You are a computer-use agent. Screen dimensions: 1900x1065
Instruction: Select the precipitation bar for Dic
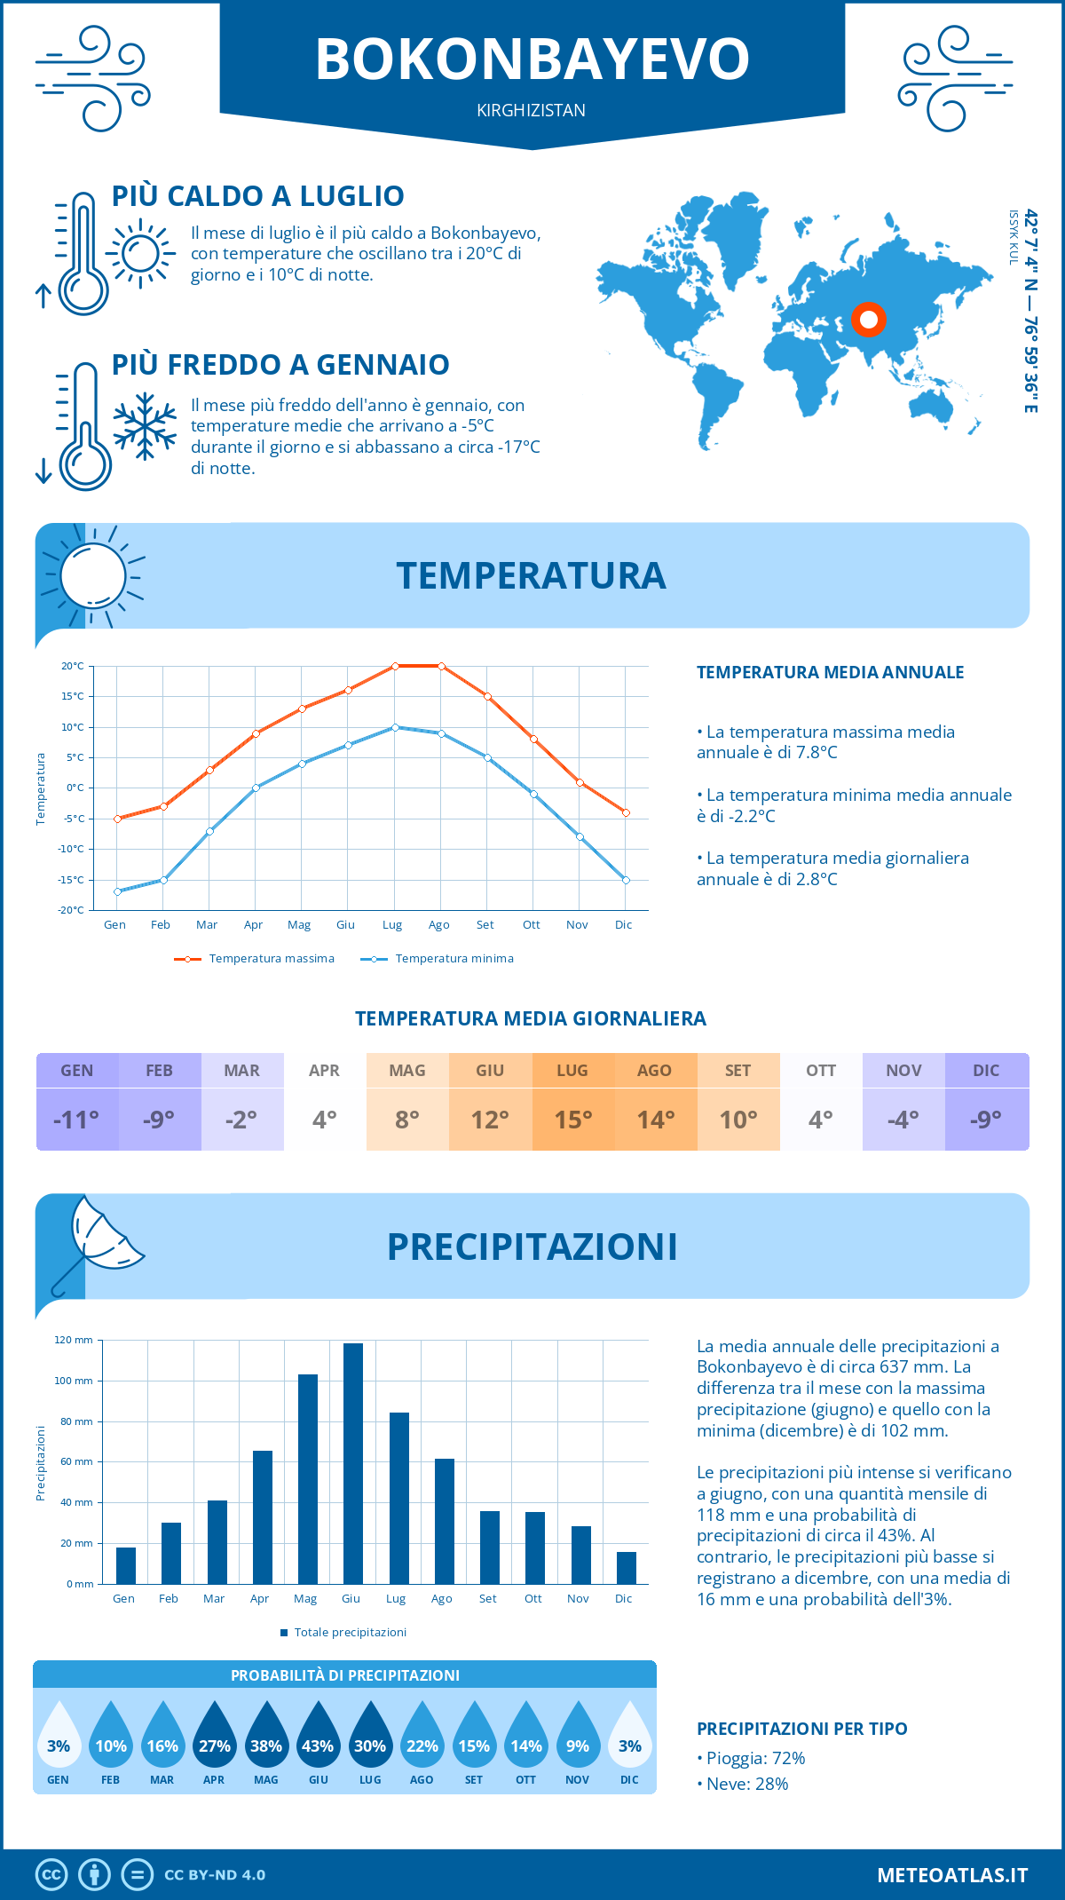(x=627, y=1568)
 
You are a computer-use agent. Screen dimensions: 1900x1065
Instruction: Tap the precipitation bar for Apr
(x=263, y=1517)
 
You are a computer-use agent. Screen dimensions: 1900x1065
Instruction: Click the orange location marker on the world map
(x=868, y=320)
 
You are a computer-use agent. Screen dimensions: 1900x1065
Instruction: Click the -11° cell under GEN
(x=76, y=1120)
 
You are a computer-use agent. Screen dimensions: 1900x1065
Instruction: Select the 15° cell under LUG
(x=572, y=1120)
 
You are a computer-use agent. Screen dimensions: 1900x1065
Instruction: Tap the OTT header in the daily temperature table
(x=821, y=1071)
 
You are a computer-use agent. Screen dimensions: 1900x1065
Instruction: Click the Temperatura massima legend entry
(x=256, y=959)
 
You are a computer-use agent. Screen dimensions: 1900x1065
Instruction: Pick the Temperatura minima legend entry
(x=438, y=959)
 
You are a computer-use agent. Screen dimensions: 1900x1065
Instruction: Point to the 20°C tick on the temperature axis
(x=73, y=666)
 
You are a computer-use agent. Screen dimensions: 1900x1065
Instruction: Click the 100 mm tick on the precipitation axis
(x=74, y=1381)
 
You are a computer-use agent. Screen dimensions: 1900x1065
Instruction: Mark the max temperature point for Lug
(x=395, y=666)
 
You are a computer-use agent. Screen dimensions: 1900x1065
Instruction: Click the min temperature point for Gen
(x=117, y=891)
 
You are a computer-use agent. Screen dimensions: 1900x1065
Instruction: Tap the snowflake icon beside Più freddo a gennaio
(x=145, y=426)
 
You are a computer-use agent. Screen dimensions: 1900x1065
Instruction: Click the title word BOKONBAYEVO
(x=532, y=59)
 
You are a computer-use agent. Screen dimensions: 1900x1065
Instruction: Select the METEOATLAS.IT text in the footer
(x=952, y=1875)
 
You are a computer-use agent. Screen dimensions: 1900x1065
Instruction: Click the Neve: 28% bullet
(x=743, y=1784)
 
